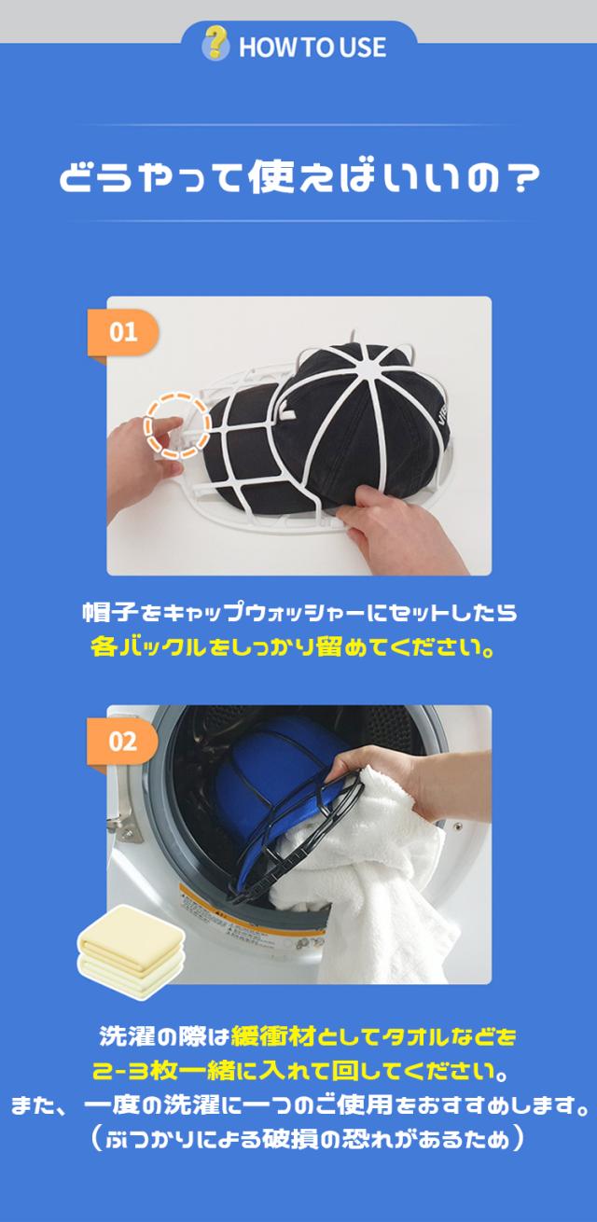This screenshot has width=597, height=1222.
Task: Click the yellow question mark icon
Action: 215,44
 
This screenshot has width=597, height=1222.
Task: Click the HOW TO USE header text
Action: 312,48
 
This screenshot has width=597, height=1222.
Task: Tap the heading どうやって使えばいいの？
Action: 298,176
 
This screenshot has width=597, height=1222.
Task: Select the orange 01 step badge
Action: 122,333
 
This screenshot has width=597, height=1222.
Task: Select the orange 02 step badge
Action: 122,742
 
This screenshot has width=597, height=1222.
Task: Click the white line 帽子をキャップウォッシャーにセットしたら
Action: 298,613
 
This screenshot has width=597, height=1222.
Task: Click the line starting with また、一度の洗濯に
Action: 298,1106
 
